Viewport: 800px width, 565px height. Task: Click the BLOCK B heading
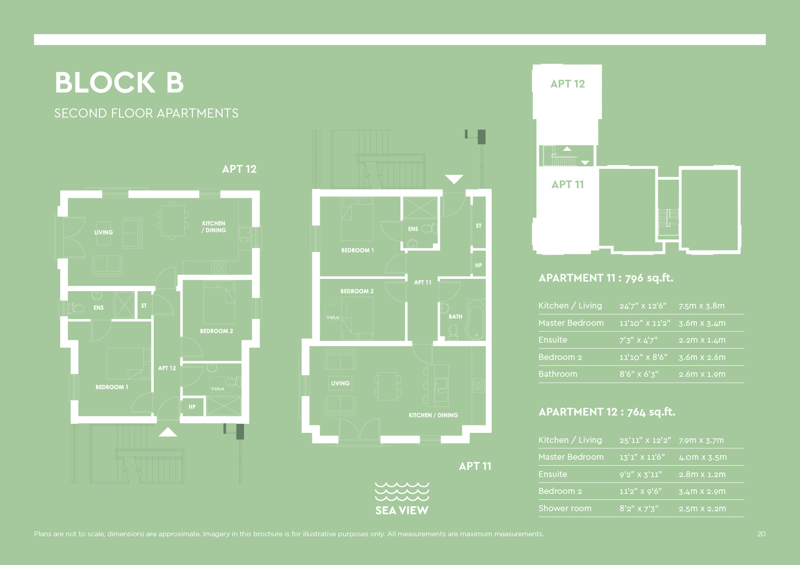pos(119,83)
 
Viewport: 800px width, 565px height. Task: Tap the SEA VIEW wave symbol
pos(402,492)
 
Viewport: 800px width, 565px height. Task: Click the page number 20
pos(761,534)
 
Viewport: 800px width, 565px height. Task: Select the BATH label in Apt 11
pos(455,317)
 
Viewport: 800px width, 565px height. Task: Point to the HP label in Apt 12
pos(192,407)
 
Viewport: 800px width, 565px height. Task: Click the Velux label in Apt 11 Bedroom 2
pos(333,317)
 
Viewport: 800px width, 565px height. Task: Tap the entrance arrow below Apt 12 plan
pos(168,432)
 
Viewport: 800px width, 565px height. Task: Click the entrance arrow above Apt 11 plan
pos(454,179)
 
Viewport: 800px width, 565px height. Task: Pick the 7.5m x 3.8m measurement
pos(701,306)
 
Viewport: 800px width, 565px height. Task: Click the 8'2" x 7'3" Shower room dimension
pos(639,508)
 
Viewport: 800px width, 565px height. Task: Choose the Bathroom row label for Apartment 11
pos(557,374)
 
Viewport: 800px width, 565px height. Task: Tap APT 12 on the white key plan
pos(567,84)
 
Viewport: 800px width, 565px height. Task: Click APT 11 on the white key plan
pos(567,185)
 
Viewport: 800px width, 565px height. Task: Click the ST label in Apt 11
pos(478,226)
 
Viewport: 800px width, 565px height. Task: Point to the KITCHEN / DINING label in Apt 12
pos(214,227)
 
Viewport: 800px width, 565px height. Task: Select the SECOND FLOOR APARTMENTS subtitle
pos(146,113)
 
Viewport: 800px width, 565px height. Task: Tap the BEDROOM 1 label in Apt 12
pos(112,387)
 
